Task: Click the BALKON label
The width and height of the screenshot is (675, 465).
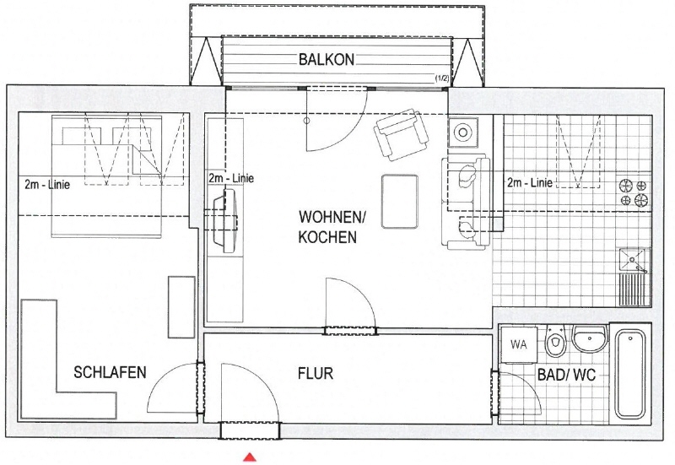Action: point(327,59)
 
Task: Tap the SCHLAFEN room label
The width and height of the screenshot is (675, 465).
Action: point(110,372)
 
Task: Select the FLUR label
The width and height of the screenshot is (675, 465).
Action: point(316,373)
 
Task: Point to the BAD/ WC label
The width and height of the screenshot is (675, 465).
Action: point(566,375)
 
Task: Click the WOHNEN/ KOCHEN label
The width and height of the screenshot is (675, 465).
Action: point(332,227)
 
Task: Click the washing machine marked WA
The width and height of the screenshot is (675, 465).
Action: point(519,344)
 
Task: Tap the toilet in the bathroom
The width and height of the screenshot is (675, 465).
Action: point(556,341)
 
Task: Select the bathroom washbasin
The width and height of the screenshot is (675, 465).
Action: point(589,337)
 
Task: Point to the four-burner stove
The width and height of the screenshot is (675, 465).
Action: point(634,193)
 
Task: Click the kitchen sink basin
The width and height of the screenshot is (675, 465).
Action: point(634,261)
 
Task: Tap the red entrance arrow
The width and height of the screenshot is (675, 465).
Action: point(250,457)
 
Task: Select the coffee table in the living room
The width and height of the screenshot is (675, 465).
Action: point(399,201)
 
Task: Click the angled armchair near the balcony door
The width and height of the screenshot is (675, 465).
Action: point(402,134)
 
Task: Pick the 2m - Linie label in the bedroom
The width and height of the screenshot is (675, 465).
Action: point(47,185)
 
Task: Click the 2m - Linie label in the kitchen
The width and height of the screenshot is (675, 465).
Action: point(530,182)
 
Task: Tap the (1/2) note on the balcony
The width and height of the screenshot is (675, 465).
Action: point(442,78)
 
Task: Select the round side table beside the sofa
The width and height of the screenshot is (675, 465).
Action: point(462,132)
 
